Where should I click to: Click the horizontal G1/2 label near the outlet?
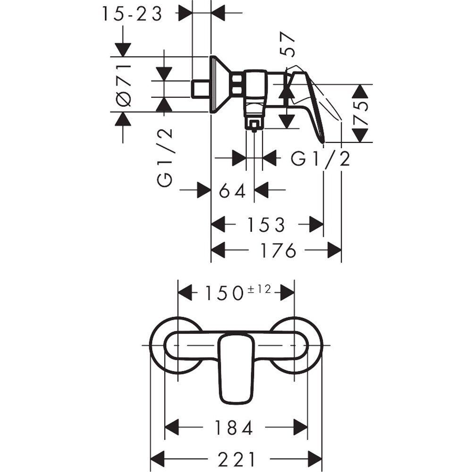[x=320, y=159]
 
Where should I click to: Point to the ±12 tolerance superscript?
[x=259, y=289]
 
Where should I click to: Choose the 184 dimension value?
[x=234, y=428]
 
